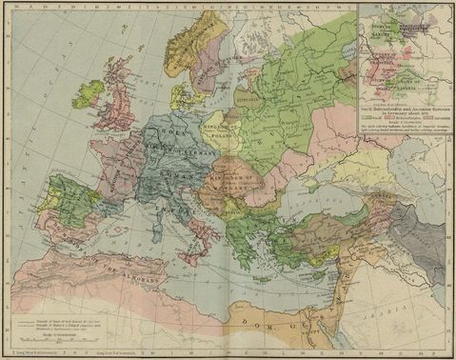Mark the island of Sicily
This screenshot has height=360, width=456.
(191, 253)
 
